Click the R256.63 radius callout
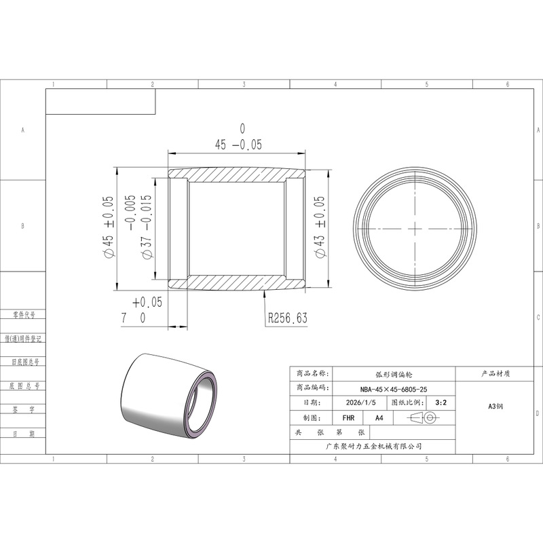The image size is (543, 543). [x=287, y=318]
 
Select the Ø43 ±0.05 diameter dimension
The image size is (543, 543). [x=320, y=227]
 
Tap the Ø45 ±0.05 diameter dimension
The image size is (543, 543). [x=108, y=227]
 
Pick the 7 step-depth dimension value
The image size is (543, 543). [x=124, y=318]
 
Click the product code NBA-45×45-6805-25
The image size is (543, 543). [x=394, y=389]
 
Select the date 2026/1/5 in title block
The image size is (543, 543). [x=360, y=402]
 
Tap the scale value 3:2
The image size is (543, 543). [x=441, y=402]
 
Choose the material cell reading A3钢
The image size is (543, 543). [x=495, y=406]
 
